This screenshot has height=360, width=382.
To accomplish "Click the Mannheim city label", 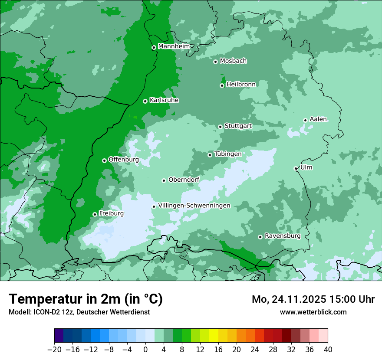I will coord(174,46).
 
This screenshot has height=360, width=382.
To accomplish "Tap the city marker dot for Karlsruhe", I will coord(145,101).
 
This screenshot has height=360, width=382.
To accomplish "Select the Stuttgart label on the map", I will coord(238,126).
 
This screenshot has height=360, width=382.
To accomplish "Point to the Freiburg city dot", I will coord(95,214).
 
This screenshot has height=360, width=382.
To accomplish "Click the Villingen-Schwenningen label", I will coord(194,206).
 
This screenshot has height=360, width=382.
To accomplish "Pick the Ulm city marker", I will coord(296,168).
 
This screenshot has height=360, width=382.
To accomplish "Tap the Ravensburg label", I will coord(282,236).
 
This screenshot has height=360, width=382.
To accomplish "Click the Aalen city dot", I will coord(305,120).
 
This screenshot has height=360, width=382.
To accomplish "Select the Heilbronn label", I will coord(241,85).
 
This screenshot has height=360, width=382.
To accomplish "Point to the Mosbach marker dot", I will coord(215,62).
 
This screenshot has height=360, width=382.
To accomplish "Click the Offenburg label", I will coord(123,160).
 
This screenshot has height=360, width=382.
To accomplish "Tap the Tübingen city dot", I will coord(210,155).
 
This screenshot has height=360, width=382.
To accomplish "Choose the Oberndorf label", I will coord(184,180).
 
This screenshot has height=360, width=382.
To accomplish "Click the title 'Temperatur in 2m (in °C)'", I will coord(86,299).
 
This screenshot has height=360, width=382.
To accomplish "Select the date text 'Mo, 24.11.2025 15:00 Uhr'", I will coord(313,300).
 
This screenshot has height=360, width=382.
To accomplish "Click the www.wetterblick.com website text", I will coord(313,312).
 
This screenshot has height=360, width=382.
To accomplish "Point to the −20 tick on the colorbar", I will coord(55,350).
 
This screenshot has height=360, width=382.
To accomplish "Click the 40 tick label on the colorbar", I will coord(328,350).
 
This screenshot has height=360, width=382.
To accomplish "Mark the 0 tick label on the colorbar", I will coord(145,350).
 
